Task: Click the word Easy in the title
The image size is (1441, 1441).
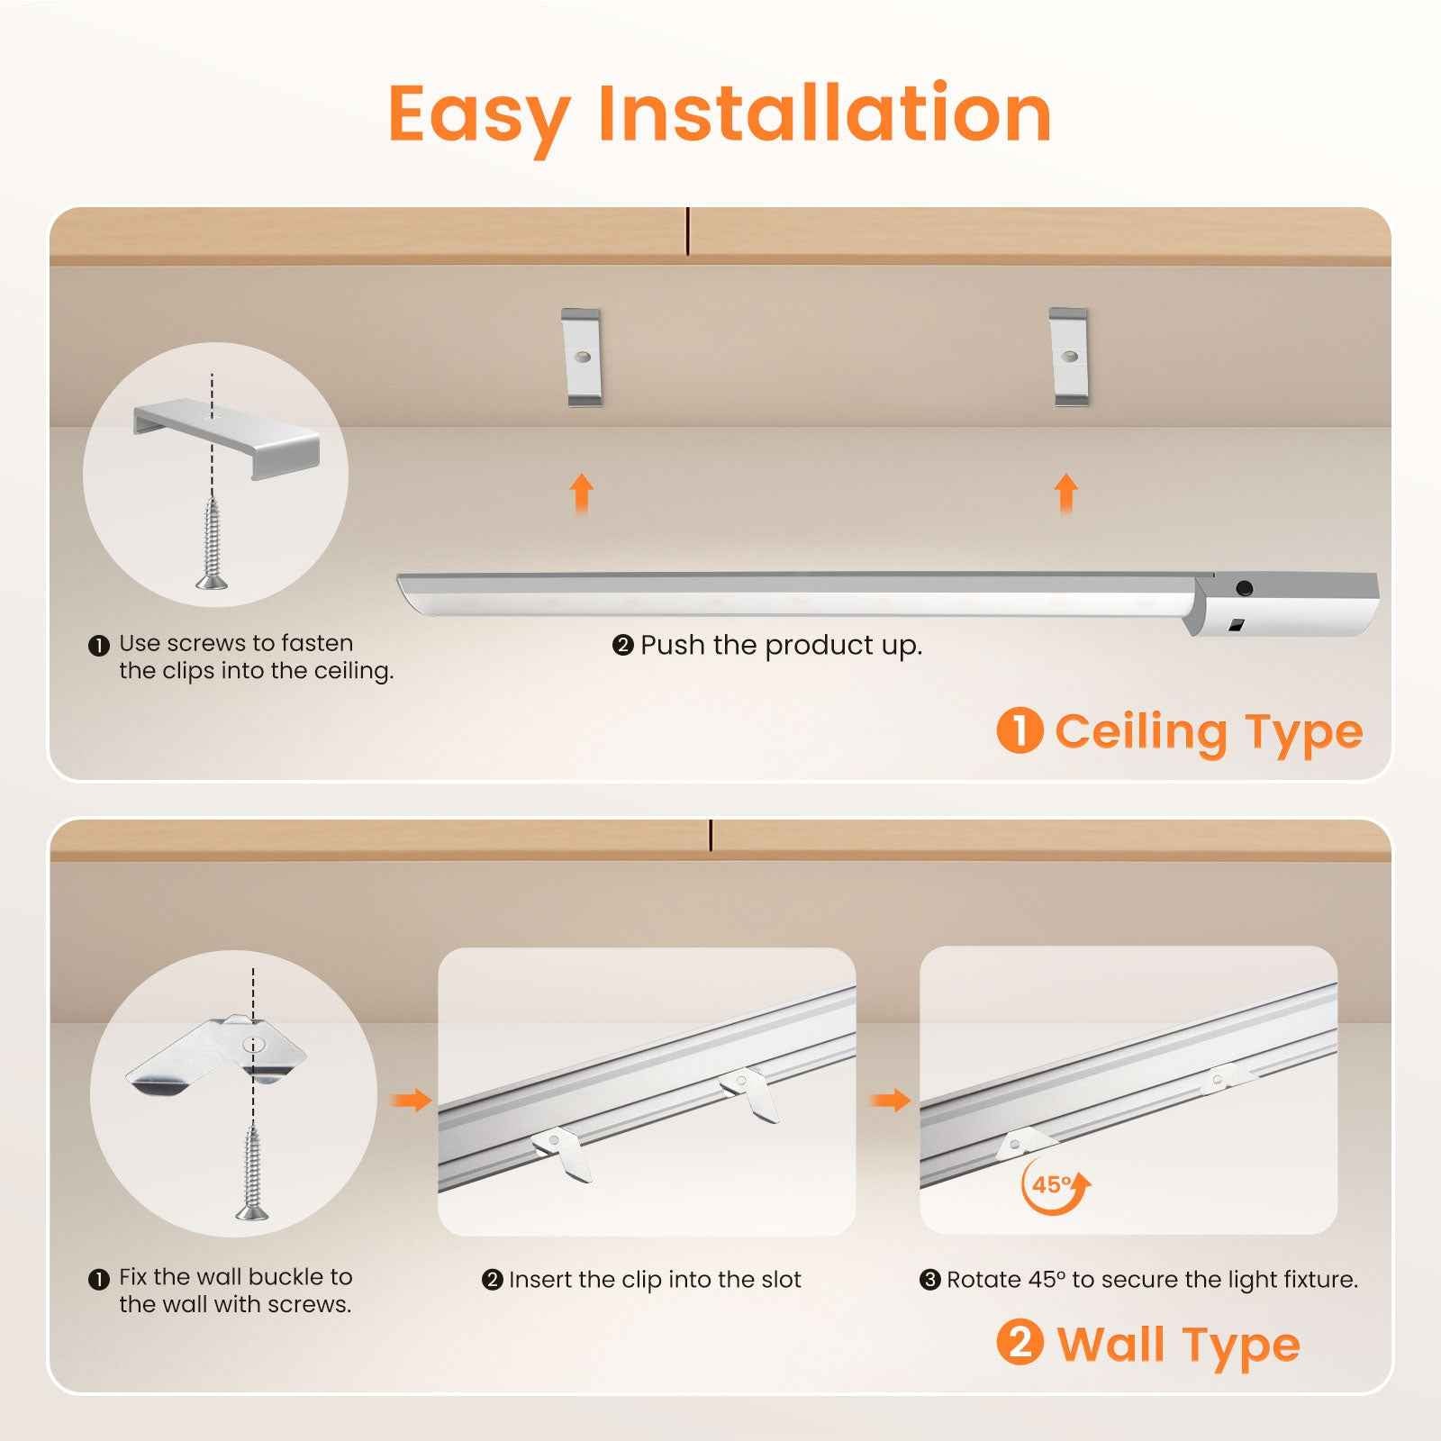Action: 478,115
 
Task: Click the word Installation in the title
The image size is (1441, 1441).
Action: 824,113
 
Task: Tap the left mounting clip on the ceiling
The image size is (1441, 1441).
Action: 581,358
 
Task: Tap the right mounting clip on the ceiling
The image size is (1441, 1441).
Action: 1069,358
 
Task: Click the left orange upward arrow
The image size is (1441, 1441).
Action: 582,494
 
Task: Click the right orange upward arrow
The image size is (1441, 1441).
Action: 1066,494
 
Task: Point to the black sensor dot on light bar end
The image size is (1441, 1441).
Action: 1244,589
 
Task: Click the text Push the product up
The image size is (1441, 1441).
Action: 780,646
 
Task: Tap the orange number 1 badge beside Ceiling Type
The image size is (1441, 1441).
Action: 1020,730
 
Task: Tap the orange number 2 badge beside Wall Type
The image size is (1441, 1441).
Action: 1020,1343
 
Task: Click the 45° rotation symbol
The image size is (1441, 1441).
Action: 1054,1185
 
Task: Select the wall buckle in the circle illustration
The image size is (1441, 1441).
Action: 216,1054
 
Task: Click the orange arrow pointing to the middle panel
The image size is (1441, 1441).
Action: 411,1100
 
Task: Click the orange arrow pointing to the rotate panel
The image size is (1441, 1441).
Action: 891,1100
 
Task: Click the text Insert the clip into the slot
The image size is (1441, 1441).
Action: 654,1280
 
